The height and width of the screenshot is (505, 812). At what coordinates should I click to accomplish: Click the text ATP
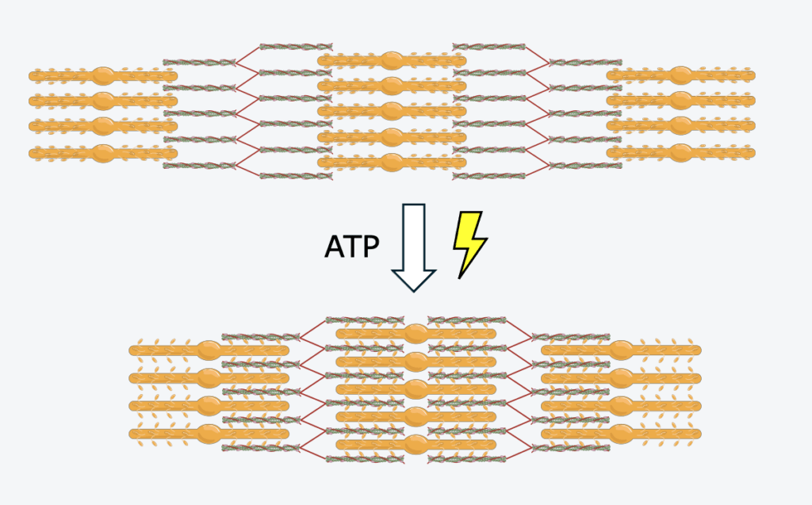[353, 247]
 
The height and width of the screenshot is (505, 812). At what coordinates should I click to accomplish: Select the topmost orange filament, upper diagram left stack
[103, 76]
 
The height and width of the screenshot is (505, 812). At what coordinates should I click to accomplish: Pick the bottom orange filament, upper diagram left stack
[103, 153]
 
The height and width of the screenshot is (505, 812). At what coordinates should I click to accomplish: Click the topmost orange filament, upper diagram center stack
[392, 60]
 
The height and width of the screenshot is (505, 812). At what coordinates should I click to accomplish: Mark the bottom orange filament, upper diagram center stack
[392, 163]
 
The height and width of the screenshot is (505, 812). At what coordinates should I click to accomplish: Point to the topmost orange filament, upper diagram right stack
[680, 75]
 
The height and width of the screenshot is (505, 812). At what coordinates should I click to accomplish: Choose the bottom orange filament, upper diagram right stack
[680, 152]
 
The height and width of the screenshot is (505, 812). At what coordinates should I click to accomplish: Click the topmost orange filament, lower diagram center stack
[416, 333]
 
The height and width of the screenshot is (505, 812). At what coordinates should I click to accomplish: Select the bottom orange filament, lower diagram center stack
[416, 444]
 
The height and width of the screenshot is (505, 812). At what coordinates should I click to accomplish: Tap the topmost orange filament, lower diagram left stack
[209, 350]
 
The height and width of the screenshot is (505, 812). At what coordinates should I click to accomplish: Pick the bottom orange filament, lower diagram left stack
[209, 433]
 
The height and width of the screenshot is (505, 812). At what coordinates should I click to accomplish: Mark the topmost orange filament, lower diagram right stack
[621, 350]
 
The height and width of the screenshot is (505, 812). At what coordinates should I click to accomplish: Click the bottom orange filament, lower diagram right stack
[621, 433]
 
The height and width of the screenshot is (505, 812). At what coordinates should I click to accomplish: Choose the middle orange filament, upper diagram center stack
[392, 112]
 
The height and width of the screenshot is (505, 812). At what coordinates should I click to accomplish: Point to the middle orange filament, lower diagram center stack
[416, 388]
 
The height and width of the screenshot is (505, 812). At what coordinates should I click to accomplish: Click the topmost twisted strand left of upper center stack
[289, 47]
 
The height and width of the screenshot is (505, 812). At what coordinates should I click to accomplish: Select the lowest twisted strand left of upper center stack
[289, 175]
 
